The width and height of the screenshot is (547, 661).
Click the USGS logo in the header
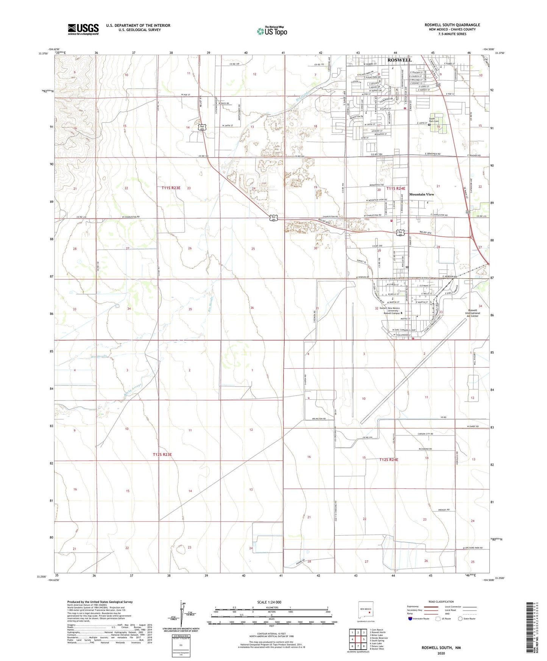[x=83, y=29]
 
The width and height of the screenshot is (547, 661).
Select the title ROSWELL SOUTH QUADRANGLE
[x=452, y=25]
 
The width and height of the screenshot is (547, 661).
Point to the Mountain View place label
[x=422, y=194]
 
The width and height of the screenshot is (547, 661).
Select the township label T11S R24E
[x=396, y=188]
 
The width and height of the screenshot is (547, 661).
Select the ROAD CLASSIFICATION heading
[x=441, y=602]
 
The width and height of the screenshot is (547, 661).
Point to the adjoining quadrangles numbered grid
[x=358, y=639]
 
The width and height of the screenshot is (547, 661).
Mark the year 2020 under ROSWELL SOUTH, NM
[x=441, y=653]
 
